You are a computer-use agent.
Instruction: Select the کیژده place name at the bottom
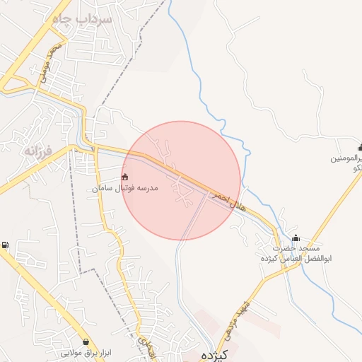click(206, 354)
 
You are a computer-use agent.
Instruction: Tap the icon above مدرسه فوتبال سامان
click(126, 177)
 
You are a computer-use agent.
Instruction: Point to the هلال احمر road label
click(228, 197)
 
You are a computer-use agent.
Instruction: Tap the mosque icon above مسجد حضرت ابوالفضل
click(296, 238)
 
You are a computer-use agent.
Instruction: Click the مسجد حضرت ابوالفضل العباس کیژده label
click(297, 253)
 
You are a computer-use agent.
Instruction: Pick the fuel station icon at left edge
click(6, 245)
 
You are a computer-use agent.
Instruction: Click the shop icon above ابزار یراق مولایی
click(86, 341)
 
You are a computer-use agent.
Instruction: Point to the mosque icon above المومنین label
click(361, 148)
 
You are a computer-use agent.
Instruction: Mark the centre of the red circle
click(181, 180)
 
